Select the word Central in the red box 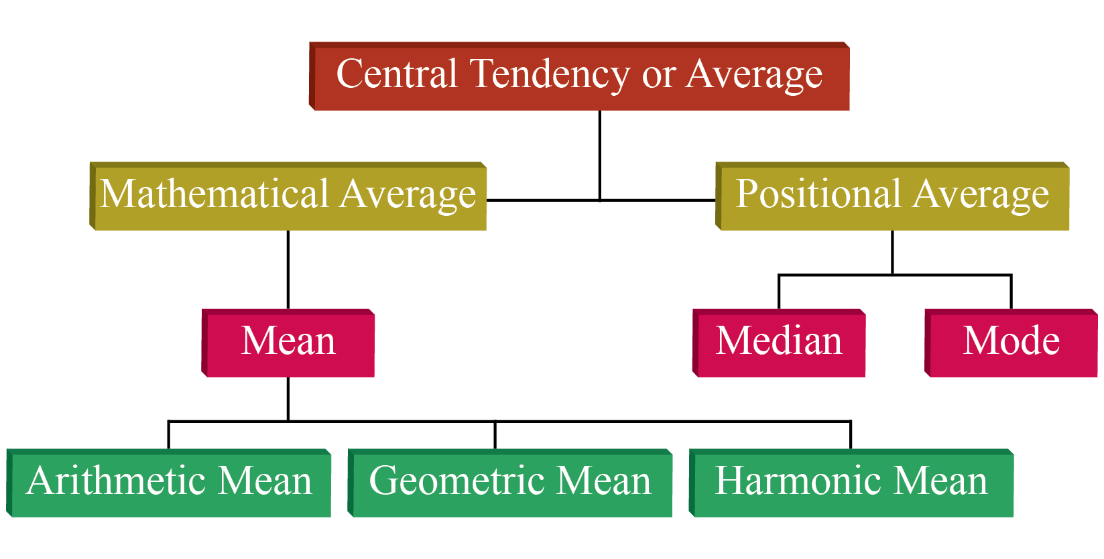coord(397,73)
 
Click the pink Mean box coord(288,343)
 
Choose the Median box coord(779,343)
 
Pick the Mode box coord(1011,343)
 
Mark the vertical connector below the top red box coord(600,156)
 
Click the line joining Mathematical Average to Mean coord(288,269)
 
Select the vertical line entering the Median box coord(779,292)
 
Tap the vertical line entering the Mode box coord(1011,292)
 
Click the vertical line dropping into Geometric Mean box coord(495,435)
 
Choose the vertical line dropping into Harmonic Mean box coord(851,435)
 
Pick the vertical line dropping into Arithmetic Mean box coord(168,435)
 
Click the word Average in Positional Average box coord(981,196)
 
